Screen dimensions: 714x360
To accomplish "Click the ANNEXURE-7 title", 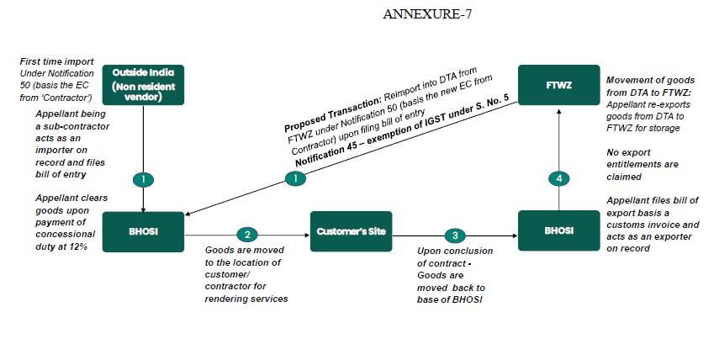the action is (427, 14).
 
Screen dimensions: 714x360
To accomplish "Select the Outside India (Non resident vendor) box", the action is (143, 85).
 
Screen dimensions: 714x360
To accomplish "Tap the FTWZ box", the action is (558, 85).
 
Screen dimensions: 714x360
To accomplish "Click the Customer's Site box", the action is (351, 231).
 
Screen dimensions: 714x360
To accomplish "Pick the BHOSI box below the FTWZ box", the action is (558, 230).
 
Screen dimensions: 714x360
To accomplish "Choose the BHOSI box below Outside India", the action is (143, 231).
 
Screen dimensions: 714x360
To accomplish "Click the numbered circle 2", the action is (247, 235).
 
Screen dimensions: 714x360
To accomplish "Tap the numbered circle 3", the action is (455, 236).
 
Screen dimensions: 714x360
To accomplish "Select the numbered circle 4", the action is (559, 178).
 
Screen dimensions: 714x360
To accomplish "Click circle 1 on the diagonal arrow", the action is (295, 178).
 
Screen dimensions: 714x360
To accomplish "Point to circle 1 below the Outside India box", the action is (144, 179).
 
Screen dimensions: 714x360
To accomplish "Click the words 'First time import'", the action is (57, 61).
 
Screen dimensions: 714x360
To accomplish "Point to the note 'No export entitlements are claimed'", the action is (642, 165).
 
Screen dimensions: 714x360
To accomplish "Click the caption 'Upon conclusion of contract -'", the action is (455, 257).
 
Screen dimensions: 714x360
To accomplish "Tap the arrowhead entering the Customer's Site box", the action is (307, 236).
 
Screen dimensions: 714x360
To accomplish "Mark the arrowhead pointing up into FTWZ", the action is (559, 109).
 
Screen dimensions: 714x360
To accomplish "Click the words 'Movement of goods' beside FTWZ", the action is (650, 80).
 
